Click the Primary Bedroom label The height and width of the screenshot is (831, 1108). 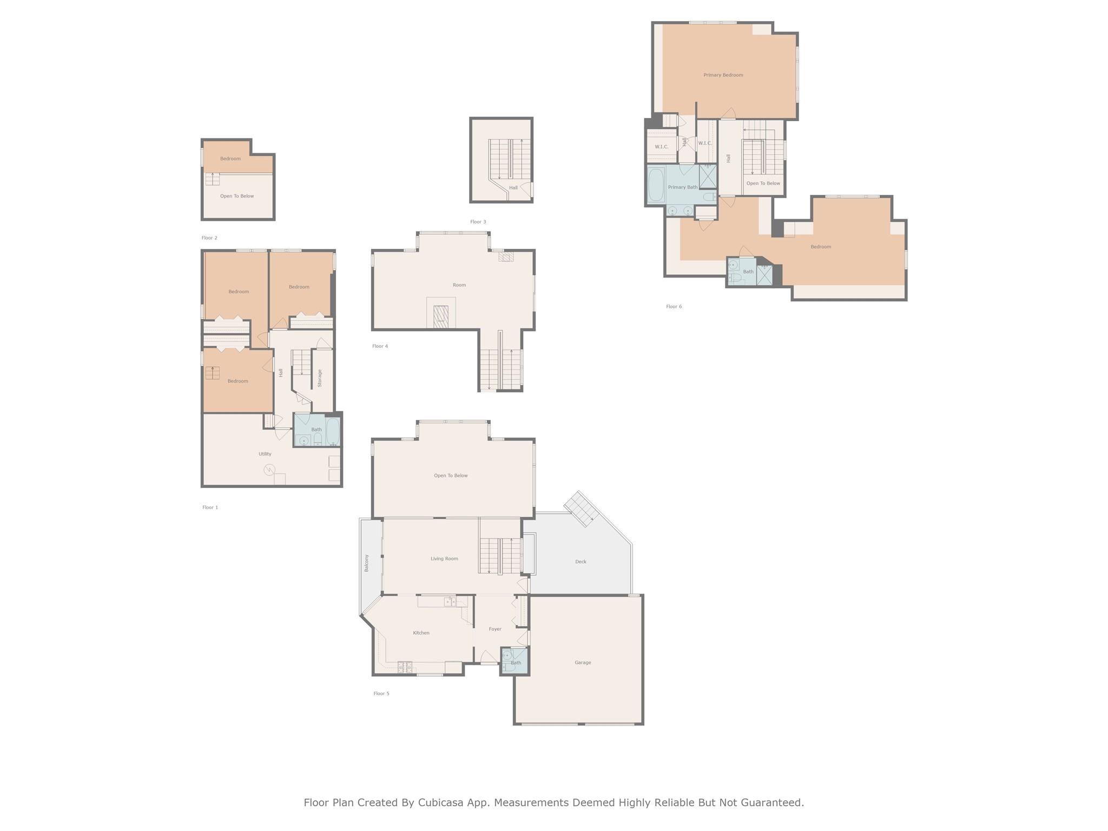click(x=723, y=75)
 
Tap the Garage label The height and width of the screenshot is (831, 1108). click(x=583, y=663)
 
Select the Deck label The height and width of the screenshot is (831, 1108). click(x=581, y=562)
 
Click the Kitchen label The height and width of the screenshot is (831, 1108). click(x=421, y=633)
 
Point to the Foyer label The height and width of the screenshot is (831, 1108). click(x=494, y=629)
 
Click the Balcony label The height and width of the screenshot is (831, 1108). click(x=366, y=563)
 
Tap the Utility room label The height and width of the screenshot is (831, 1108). click(x=265, y=454)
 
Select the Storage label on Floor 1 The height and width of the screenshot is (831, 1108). click(x=320, y=378)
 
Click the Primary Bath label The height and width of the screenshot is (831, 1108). click(x=682, y=187)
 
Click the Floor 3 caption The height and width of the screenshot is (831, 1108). click(x=478, y=222)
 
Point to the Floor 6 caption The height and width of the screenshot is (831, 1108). click(x=674, y=307)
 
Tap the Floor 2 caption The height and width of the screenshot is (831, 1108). click(x=209, y=238)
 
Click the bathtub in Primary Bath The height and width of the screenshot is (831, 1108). click(x=656, y=185)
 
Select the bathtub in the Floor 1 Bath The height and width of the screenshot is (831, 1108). click(x=333, y=431)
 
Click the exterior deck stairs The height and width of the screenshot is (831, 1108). click(x=579, y=509)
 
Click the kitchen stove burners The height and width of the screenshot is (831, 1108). click(x=405, y=668)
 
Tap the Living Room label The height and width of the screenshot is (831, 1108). click(x=444, y=559)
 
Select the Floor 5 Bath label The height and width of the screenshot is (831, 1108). click(x=516, y=663)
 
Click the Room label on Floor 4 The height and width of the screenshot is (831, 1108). click(x=459, y=285)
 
